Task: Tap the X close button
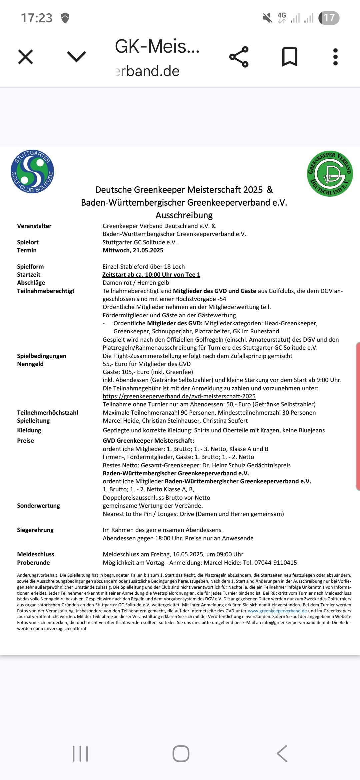click(25, 57)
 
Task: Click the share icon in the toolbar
click(239, 57)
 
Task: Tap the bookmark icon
click(290, 57)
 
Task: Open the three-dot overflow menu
click(335, 57)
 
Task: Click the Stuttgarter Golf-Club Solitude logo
click(32, 171)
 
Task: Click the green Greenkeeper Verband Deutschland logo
click(330, 173)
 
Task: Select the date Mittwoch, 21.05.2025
click(133, 250)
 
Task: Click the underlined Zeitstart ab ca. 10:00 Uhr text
click(151, 275)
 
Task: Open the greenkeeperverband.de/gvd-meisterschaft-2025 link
click(179, 396)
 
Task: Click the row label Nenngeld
click(30, 364)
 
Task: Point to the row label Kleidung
click(29, 430)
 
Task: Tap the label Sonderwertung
click(38, 506)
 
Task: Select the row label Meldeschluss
click(36, 554)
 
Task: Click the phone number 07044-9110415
click(275, 563)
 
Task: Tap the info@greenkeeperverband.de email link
click(292, 622)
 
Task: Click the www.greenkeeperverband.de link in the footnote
click(277, 611)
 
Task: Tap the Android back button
click(282, 754)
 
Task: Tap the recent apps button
click(80, 754)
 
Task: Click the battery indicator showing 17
click(329, 18)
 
